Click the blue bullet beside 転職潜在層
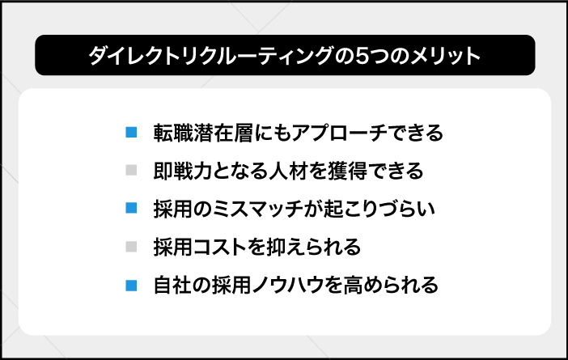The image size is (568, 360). [x=131, y=132]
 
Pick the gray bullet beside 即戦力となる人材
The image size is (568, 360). [x=131, y=170]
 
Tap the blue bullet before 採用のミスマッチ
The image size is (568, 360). [x=131, y=208]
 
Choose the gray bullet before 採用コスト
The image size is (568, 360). [x=131, y=247]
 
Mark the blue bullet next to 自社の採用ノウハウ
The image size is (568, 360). [x=131, y=286]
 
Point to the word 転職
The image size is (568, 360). [x=173, y=133]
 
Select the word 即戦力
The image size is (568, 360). [x=183, y=171]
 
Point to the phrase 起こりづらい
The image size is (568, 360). [x=379, y=209]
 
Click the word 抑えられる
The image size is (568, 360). [x=314, y=248]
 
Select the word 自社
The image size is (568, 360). [x=172, y=286]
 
